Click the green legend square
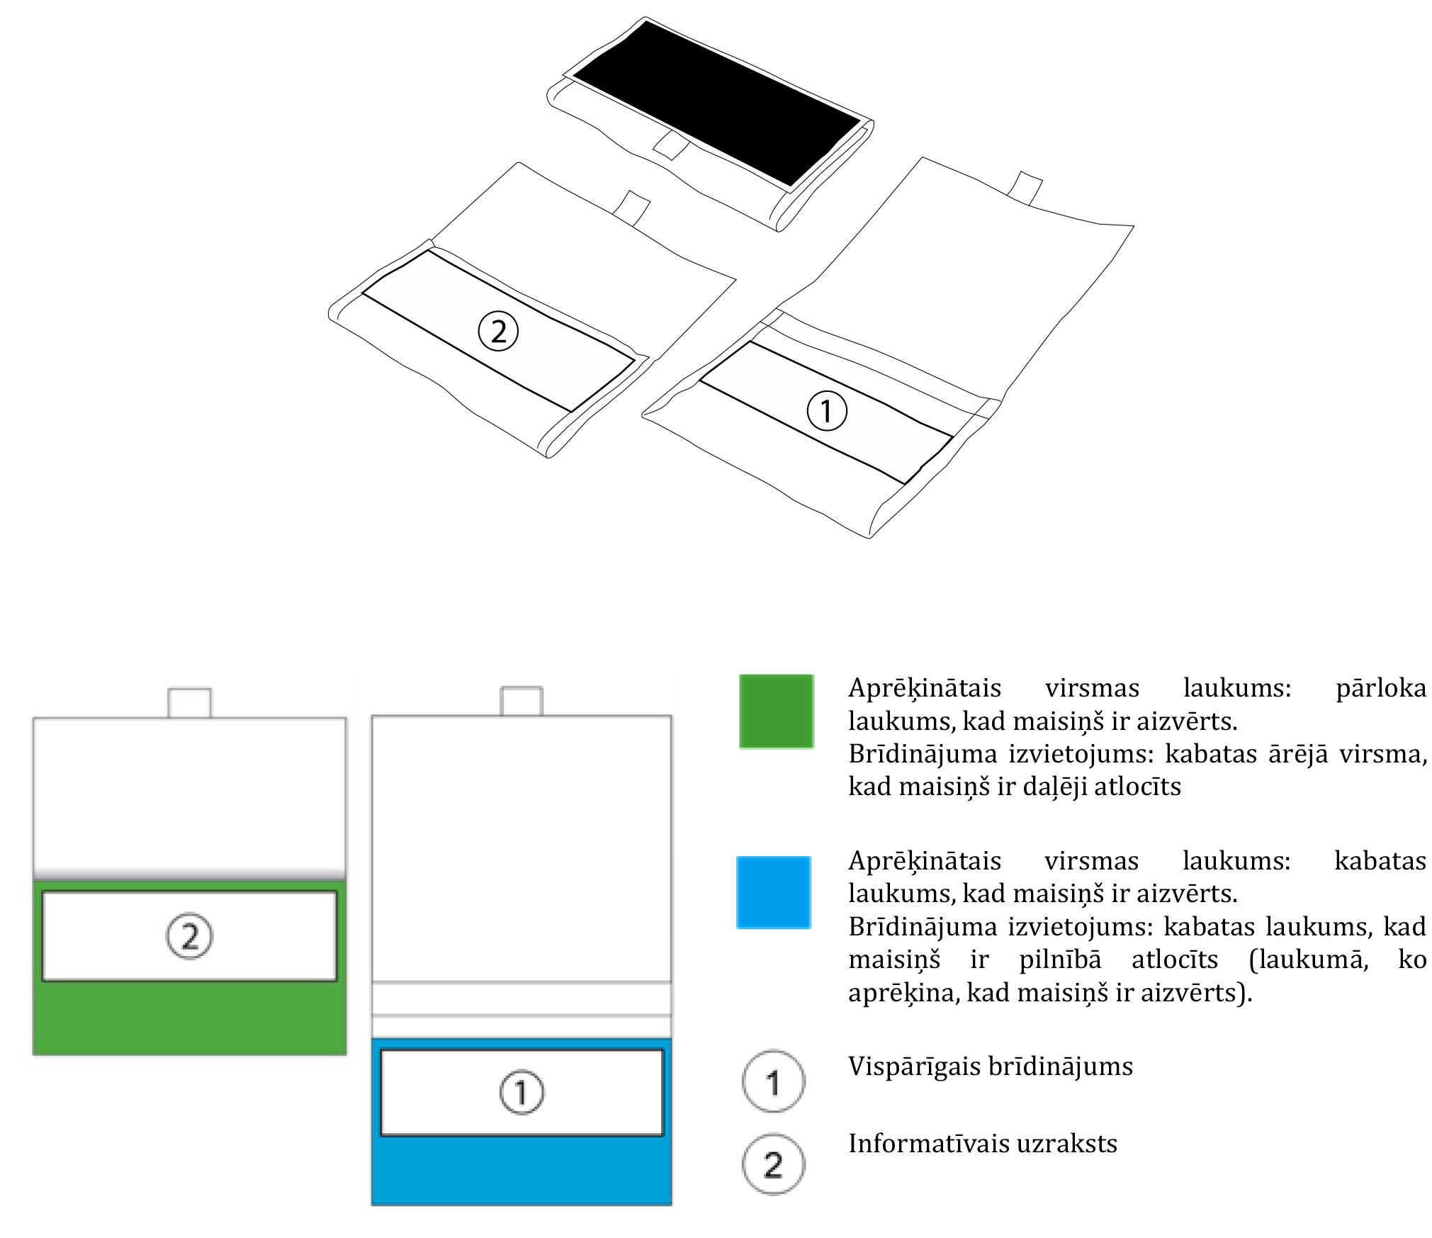pyautogui.click(x=776, y=711)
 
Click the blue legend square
pyautogui.click(x=774, y=892)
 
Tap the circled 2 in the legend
pyautogui.click(x=773, y=1164)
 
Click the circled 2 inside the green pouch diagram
pyautogui.click(x=189, y=936)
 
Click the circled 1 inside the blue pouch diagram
pyautogui.click(x=522, y=1092)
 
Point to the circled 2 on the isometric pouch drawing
pyautogui.click(x=498, y=331)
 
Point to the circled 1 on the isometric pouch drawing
pyautogui.click(x=827, y=410)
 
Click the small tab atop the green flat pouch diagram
pyautogui.click(x=189, y=703)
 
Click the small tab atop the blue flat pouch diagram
pyautogui.click(x=522, y=701)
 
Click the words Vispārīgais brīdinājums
pyautogui.click(x=991, y=1067)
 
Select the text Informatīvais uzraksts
pyautogui.click(x=983, y=1143)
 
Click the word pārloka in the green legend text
pyautogui.click(x=1380, y=688)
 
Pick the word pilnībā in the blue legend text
pyautogui.click(x=1060, y=960)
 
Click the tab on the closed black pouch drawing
pyautogui.click(x=671, y=145)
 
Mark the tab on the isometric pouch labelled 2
pyautogui.click(x=631, y=207)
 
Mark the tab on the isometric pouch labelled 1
pyautogui.click(x=1025, y=187)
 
